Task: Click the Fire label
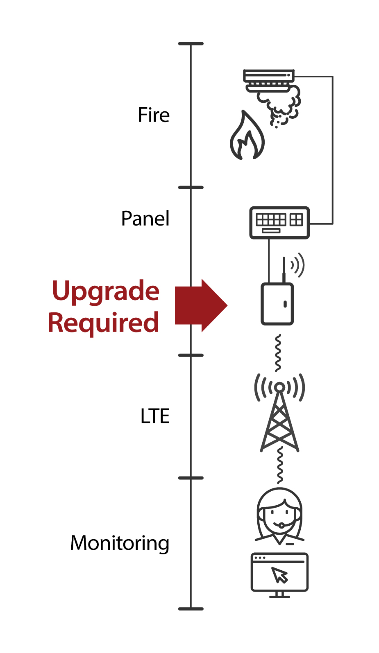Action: coord(154,115)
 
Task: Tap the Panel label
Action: coord(145,219)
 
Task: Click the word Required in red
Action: coord(103,323)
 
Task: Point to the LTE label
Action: coord(155,416)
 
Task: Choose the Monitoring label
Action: coord(120,543)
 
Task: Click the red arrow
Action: coord(201,305)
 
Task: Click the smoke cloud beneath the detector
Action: coord(283,104)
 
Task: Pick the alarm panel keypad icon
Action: coord(279,223)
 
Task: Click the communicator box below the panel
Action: coord(277,304)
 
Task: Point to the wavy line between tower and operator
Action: coord(280,465)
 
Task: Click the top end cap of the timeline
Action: coord(191,43)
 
